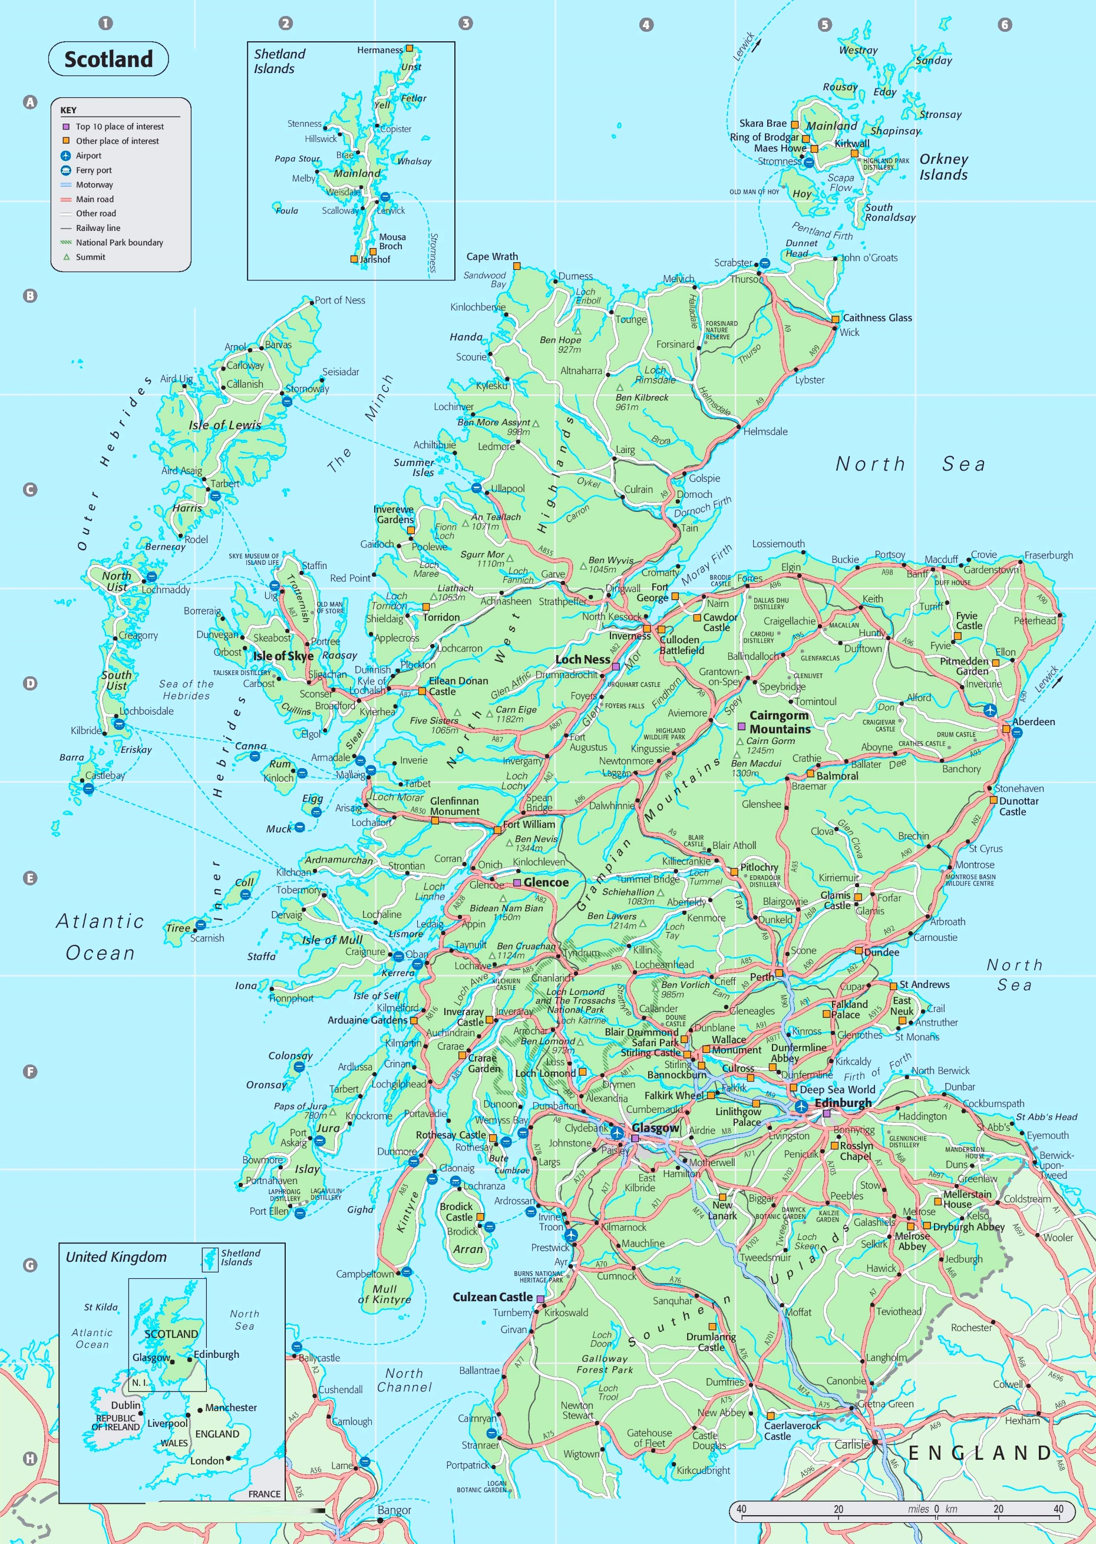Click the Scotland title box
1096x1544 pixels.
coord(108,59)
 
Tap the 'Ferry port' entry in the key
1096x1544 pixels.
coord(93,170)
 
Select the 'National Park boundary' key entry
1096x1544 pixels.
coord(119,242)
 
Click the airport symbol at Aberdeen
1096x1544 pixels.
coord(989,710)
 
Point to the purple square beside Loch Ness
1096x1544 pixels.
coord(615,666)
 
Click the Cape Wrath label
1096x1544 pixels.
coord(492,256)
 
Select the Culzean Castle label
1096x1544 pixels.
coord(492,1297)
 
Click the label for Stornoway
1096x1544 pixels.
coord(307,389)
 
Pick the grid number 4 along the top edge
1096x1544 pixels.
coord(646,25)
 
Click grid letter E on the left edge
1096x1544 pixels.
coord(29,878)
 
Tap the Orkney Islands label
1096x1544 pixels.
coord(943,167)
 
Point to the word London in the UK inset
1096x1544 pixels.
coord(206,1460)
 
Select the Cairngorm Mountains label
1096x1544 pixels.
coord(780,722)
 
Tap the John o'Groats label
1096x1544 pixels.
coord(869,257)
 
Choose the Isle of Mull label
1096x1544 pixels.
coord(332,940)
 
